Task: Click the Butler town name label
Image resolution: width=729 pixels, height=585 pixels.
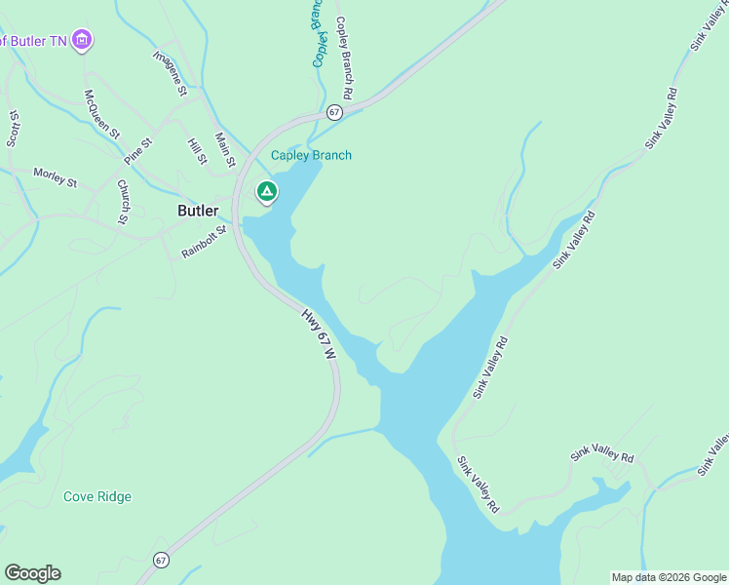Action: [198, 211]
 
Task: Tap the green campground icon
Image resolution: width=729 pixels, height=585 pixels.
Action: [266, 192]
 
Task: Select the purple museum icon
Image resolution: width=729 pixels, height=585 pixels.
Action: [84, 41]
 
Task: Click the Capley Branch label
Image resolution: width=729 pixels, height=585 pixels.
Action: [311, 156]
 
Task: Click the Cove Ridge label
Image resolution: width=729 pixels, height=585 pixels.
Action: [97, 496]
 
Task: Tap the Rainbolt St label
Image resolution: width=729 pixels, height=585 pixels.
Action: [204, 243]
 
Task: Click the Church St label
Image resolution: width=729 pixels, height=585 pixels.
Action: [124, 201]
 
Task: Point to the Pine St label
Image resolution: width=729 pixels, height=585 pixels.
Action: [138, 151]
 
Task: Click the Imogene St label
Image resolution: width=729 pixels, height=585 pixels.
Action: [170, 72]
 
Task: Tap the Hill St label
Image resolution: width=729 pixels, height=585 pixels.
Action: [198, 150]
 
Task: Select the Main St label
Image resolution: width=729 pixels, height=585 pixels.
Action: [226, 150]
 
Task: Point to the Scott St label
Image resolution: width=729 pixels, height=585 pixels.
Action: [14, 128]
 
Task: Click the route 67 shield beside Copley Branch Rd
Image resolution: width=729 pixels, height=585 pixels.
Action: [335, 112]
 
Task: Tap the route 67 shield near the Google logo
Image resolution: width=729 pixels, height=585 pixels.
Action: [161, 560]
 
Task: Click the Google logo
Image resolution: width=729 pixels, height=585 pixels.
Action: [32, 573]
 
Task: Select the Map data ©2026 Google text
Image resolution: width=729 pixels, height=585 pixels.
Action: [670, 577]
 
